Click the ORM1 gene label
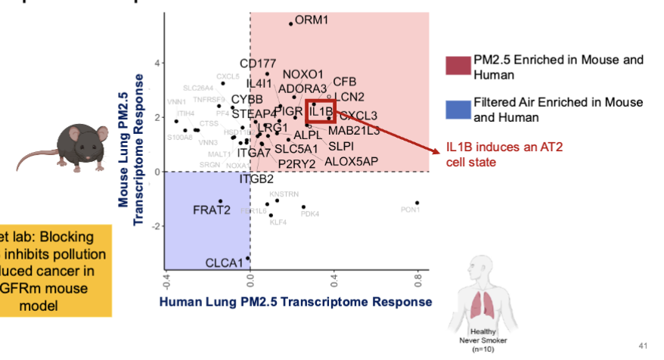(312, 20)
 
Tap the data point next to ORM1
(290, 24)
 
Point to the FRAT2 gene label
(211, 209)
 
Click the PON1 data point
(417, 203)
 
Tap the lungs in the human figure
(480, 303)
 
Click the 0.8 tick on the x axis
(417, 282)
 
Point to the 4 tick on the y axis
(157, 63)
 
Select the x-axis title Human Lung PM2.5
(295, 302)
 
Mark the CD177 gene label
(258, 64)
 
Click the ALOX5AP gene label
(351, 161)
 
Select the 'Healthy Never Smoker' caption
(480, 338)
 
